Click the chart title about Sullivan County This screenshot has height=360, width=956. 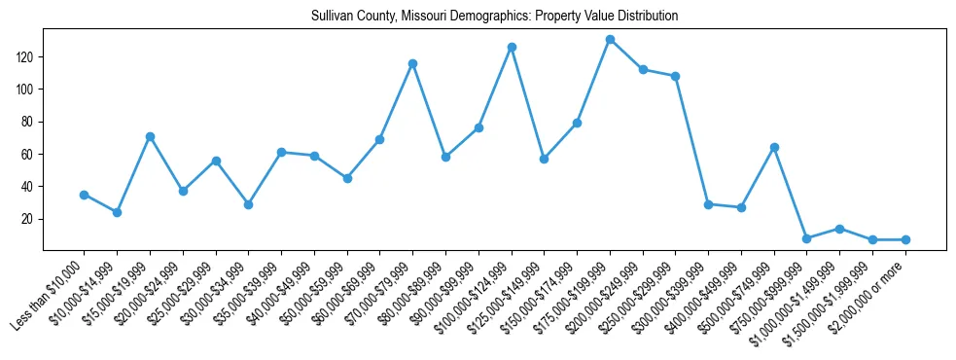click(x=495, y=17)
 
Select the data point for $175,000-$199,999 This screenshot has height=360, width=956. click(x=610, y=39)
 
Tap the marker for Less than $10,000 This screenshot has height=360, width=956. click(x=85, y=195)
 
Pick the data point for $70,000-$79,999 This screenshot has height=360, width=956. click(x=412, y=63)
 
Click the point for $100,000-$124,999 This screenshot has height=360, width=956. click(x=512, y=47)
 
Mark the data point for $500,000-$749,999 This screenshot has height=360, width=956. click(x=774, y=147)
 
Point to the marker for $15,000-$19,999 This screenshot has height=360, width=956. click(x=150, y=136)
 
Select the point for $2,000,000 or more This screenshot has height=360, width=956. click(x=905, y=239)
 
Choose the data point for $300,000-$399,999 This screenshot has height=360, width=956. click(x=708, y=204)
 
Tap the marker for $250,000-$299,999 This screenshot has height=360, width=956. click(x=675, y=76)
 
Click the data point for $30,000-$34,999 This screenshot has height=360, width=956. click(x=248, y=204)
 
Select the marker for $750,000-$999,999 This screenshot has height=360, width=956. click(x=806, y=238)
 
